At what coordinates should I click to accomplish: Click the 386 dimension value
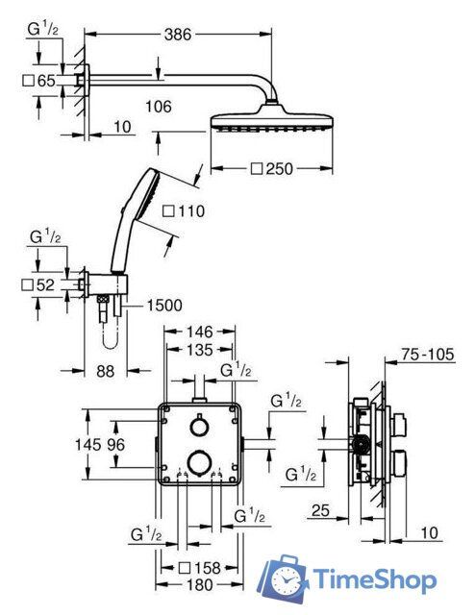(x=178, y=35)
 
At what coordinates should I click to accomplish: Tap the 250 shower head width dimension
(x=279, y=169)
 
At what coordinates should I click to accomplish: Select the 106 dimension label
(x=159, y=107)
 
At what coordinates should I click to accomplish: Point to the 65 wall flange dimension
(x=46, y=81)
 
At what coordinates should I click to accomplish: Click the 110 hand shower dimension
(x=191, y=211)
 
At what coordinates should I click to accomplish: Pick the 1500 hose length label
(x=164, y=306)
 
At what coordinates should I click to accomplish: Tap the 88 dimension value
(x=105, y=371)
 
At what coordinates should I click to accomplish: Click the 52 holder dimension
(x=45, y=285)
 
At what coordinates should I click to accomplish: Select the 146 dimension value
(x=199, y=332)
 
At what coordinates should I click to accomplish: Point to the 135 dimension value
(x=199, y=350)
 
